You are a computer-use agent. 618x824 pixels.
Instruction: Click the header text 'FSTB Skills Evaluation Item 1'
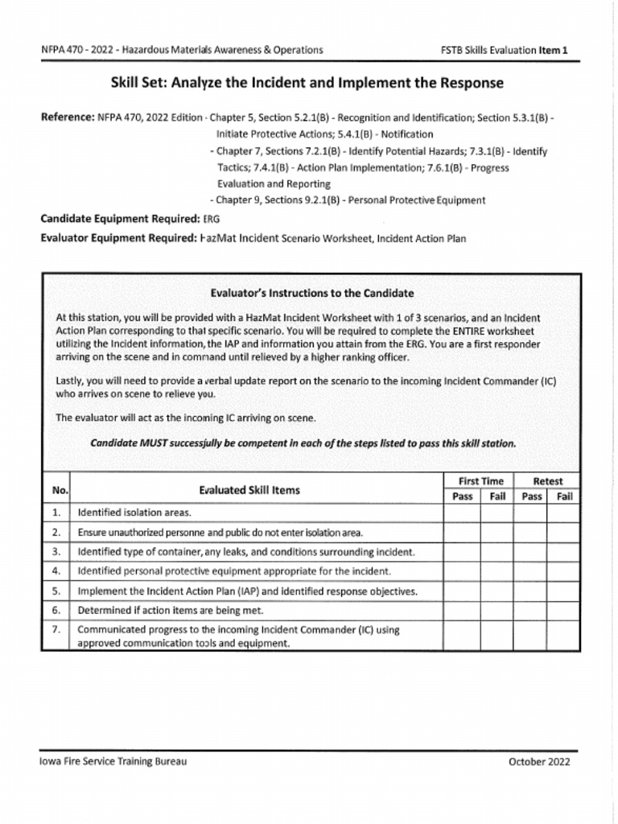(x=505, y=50)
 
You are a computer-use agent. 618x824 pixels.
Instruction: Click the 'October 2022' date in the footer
(x=539, y=761)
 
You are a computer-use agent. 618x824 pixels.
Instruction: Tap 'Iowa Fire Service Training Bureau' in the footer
(x=113, y=761)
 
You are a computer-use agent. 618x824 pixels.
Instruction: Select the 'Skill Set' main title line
(x=307, y=84)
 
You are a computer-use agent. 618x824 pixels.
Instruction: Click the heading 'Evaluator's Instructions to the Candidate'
(x=312, y=293)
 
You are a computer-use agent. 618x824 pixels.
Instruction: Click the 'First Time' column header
(x=480, y=481)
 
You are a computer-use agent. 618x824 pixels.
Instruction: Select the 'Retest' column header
(x=548, y=481)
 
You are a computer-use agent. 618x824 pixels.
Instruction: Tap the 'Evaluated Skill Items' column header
(x=249, y=489)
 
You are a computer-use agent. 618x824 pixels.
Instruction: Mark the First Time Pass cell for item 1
(x=462, y=513)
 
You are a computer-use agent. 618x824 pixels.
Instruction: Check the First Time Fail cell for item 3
(x=497, y=552)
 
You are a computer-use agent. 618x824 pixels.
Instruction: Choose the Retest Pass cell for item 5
(x=532, y=591)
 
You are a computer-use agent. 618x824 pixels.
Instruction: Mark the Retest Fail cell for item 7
(x=565, y=636)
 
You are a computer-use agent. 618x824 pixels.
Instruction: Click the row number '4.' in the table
(x=56, y=571)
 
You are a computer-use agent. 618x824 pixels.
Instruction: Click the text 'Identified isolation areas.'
(x=134, y=513)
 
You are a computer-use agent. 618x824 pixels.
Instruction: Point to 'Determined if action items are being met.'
(x=175, y=610)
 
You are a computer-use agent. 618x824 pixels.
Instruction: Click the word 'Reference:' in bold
(x=68, y=117)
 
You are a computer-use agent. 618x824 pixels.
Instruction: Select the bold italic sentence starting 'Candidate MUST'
(x=303, y=443)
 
